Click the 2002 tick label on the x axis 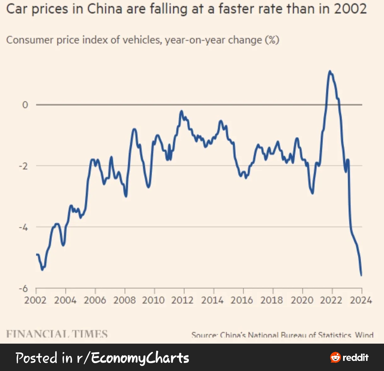tap(35, 300)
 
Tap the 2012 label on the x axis tap(182, 300)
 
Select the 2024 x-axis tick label tap(361, 300)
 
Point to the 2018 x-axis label tap(272, 300)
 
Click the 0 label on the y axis tap(25, 105)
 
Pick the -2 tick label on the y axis tap(23, 166)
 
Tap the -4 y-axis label tap(23, 227)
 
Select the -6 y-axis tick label tap(23, 288)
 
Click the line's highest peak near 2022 tap(330, 71)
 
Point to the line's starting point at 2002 tap(37, 254)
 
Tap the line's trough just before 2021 tap(312, 193)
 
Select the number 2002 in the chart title tap(350, 9)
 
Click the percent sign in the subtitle tap(272, 40)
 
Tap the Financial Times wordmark tap(57, 334)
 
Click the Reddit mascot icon tap(336, 357)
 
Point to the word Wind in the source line tap(364, 335)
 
